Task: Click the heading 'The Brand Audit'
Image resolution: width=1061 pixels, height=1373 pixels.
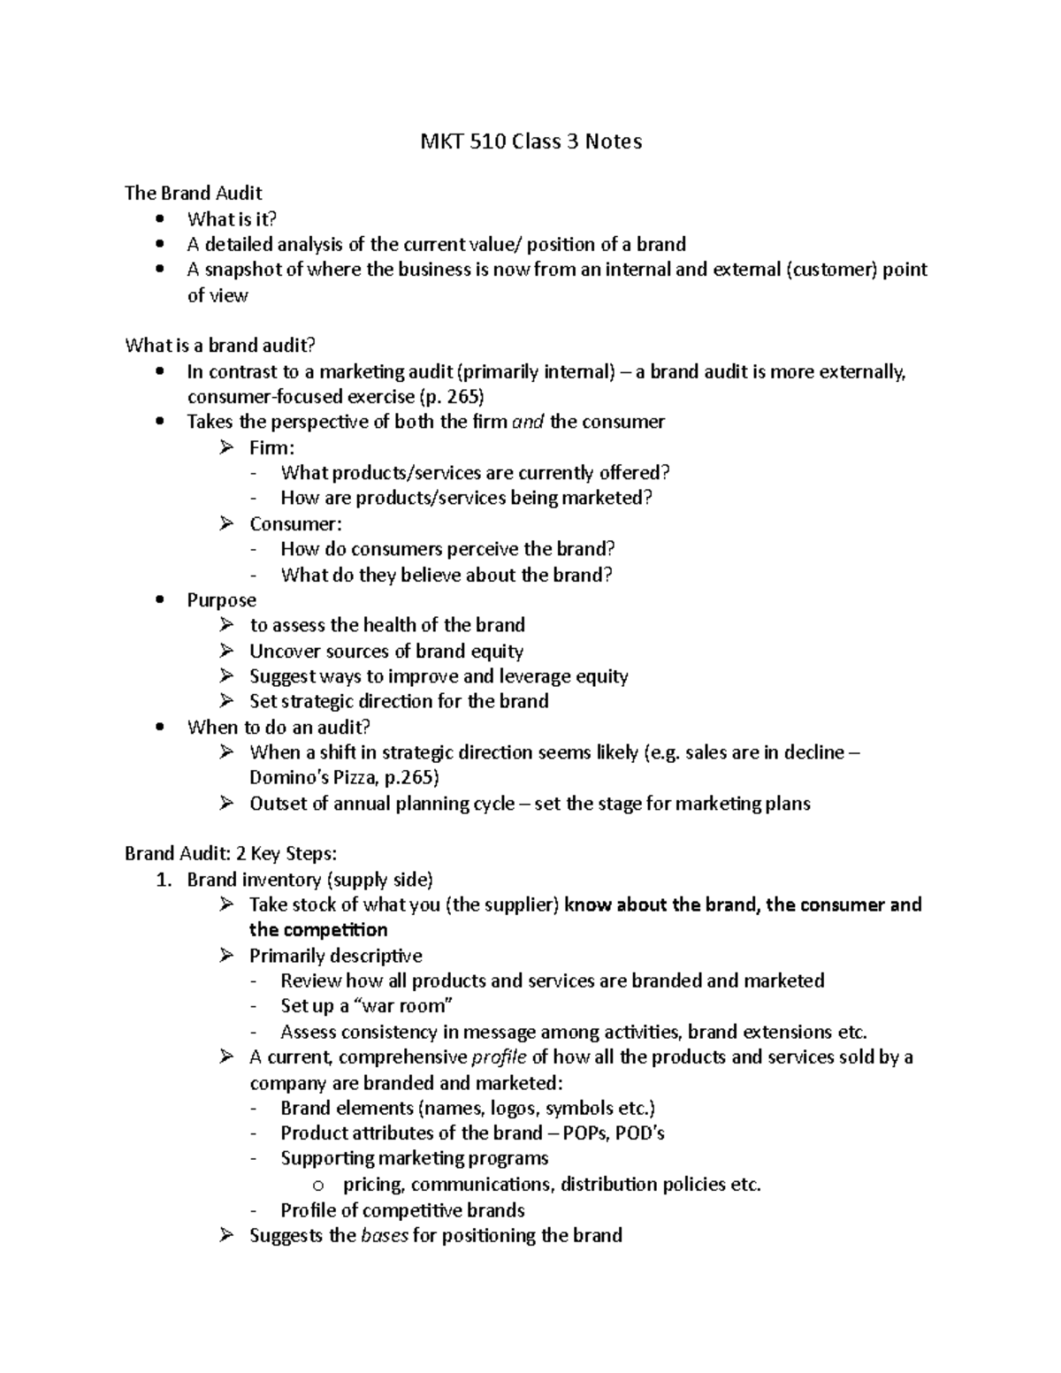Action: [194, 193]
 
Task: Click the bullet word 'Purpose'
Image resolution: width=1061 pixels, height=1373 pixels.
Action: [221, 600]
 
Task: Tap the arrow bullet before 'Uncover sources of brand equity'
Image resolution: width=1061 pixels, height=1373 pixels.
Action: [227, 651]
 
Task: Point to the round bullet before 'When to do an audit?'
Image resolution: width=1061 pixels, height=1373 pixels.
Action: [159, 727]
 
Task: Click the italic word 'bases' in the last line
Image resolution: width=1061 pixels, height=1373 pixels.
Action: [385, 1236]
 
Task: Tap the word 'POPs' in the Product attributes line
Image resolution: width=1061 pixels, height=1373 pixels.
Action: [584, 1133]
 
